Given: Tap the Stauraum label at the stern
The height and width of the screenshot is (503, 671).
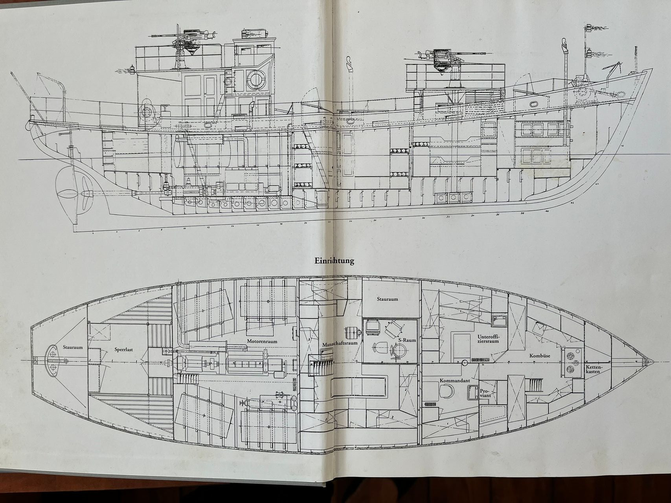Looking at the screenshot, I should point(73,347).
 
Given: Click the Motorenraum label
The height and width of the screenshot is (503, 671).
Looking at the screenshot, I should point(262,341).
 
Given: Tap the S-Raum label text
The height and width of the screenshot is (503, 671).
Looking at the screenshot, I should point(407,340).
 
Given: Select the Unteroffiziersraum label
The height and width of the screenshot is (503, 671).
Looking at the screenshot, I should point(488,339).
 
